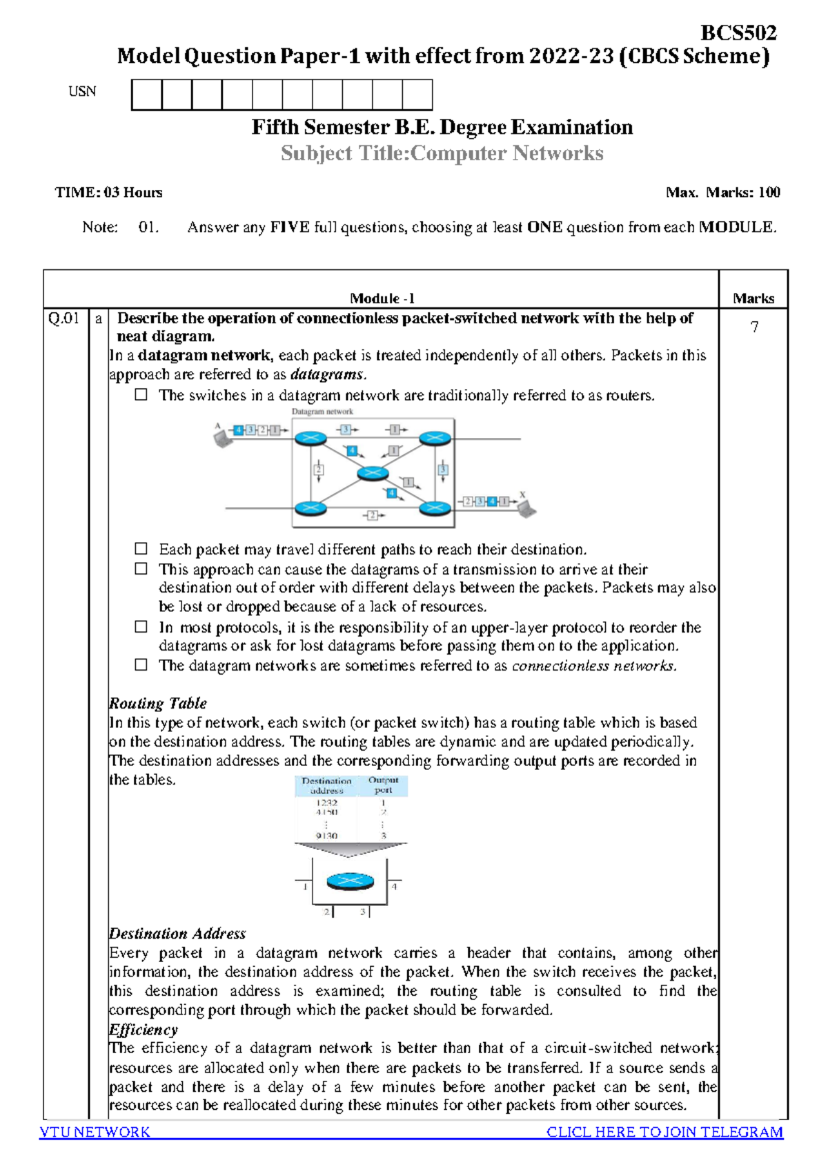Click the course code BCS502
pos(738,32)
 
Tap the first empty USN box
pos(146,95)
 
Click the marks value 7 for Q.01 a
pos(754,327)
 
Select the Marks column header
pos(753,298)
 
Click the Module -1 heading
pos(382,298)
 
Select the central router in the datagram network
pos(373,473)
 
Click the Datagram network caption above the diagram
pos(322,412)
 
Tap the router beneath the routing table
pos(350,881)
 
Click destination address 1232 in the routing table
pos(326,803)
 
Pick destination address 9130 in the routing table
pos(326,836)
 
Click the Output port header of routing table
pos(383,785)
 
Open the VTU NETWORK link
pos(95,1132)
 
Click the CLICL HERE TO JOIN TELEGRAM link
pos(664,1132)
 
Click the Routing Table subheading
pos(158,703)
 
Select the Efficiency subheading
pos(144,1029)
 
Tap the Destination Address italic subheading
pos(177,934)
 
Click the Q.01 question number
pos(63,318)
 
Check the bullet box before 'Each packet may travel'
pos(141,549)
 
